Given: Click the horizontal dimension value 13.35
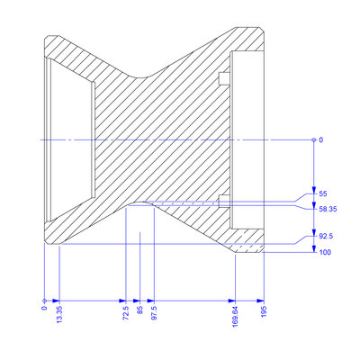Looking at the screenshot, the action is tap(59, 314).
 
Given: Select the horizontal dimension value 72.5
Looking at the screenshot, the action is tap(126, 312).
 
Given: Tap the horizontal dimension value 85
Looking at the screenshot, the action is tap(140, 310).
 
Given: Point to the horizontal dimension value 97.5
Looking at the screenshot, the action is tap(154, 312).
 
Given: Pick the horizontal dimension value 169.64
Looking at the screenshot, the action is tap(235, 316).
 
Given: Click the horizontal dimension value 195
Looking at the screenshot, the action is tap(264, 311).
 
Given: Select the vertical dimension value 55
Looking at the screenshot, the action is tap(323, 193).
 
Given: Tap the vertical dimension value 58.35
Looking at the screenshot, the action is tap(328, 209).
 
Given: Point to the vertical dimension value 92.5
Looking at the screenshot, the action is tap(326, 236).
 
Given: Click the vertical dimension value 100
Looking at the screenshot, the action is tap(325, 252).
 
